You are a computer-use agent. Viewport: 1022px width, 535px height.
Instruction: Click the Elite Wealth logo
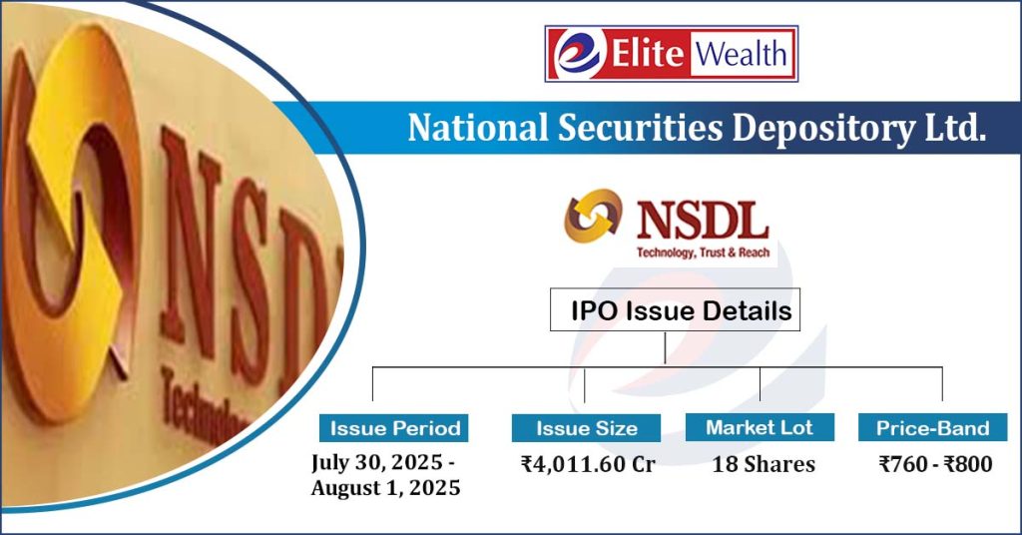(x=671, y=54)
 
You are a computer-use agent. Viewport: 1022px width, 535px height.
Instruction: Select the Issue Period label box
(x=393, y=428)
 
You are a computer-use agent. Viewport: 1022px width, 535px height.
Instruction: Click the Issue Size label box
(x=587, y=428)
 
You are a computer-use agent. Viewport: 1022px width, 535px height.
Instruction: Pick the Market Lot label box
(x=760, y=427)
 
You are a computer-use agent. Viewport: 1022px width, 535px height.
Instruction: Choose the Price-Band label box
(x=932, y=428)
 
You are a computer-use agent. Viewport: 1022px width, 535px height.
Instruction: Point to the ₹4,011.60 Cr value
(x=587, y=464)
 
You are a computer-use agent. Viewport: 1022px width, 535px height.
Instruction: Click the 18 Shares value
(x=763, y=464)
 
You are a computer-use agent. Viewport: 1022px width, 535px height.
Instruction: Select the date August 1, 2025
(x=385, y=488)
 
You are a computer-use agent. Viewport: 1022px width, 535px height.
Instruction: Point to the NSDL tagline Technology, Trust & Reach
(x=703, y=253)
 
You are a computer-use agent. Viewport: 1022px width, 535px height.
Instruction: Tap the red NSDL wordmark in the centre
(x=702, y=219)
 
